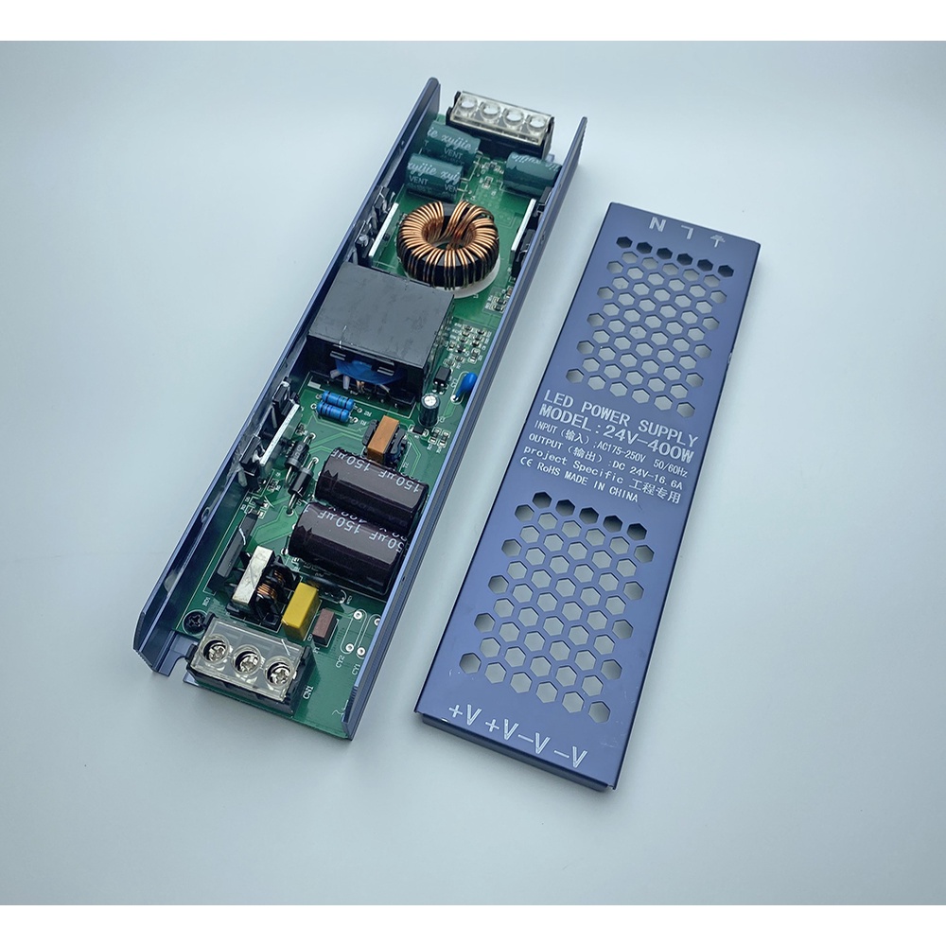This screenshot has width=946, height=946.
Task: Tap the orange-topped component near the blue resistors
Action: pyautogui.click(x=386, y=435)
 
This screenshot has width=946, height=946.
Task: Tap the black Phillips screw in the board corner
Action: pyautogui.click(x=195, y=622)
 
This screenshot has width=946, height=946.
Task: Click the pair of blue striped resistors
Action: pyautogui.click(x=336, y=408)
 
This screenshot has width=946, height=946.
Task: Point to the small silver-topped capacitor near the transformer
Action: pyautogui.click(x=430, y=403)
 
